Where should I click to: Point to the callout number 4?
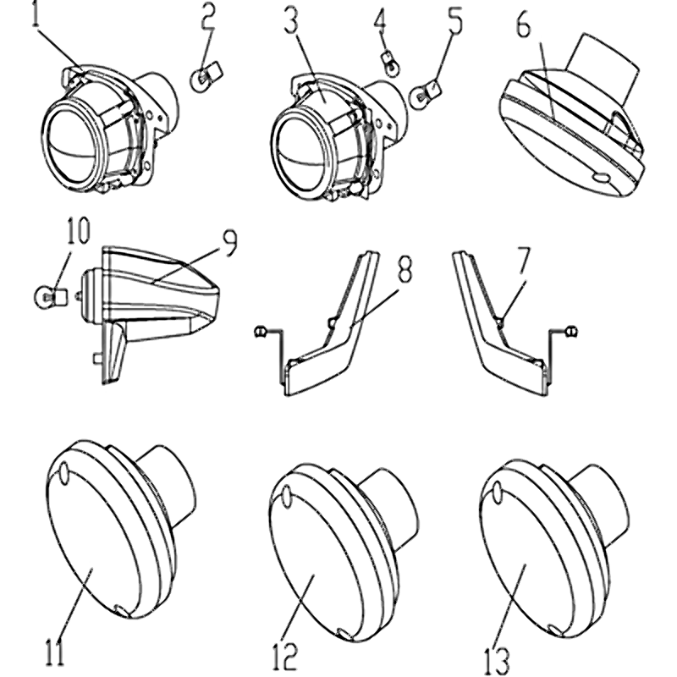pos(380,21)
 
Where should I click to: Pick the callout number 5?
pos(454,20)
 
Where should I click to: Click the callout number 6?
pos(523,25)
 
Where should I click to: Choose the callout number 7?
pos(521,261)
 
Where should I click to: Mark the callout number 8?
pos(405,268)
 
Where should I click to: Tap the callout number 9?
pos(229,243)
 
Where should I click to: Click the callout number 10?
pos(76,230)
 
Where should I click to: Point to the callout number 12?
pos(285,658)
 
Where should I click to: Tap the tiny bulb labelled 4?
pos(391,63)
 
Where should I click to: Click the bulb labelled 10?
pos(49,297)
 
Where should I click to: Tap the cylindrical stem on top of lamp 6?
pos(603,67)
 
